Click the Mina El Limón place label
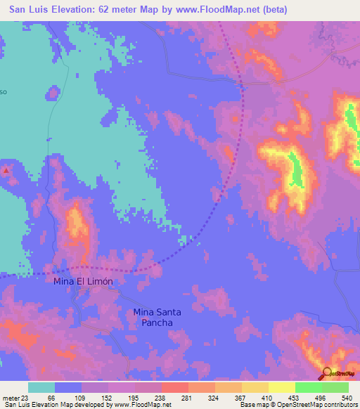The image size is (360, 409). click(83, 280)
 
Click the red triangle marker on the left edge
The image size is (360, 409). click(6, 170)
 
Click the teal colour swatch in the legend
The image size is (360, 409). click(41, 388)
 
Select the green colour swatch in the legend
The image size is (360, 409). click(308, 388)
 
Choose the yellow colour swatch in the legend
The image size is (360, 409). click(281, 388)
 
